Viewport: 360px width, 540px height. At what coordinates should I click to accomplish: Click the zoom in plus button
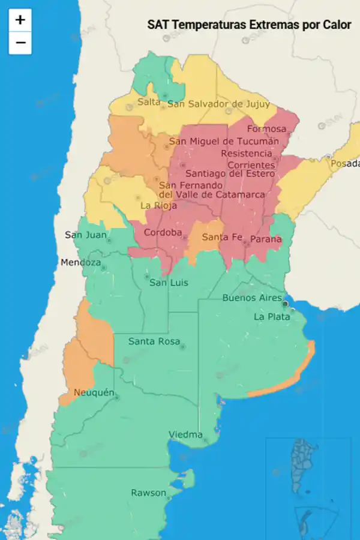pos(20,20)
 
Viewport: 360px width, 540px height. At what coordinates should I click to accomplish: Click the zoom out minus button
pos(20,43)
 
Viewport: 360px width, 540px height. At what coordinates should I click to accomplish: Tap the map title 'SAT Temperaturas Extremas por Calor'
pos(249,25)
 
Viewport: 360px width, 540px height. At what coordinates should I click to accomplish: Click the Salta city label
pos(149,102)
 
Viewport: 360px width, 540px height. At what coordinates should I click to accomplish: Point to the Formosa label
pos(266,129)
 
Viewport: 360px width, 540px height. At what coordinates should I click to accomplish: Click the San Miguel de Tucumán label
pos(224,142)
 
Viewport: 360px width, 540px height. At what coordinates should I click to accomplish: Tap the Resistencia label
pos(247,154)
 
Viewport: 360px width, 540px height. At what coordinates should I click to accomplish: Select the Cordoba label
pos(164,233)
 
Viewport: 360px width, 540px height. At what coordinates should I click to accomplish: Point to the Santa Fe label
pos(222,237)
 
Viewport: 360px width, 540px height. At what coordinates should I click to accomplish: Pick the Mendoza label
pos(80,263)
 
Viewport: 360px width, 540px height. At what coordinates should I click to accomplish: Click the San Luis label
pos(169,283)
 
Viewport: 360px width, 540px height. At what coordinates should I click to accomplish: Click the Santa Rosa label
pos(154,341)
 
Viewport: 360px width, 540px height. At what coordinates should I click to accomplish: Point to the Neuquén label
pos(94,393)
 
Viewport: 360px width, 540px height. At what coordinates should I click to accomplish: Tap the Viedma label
pos(185,434)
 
